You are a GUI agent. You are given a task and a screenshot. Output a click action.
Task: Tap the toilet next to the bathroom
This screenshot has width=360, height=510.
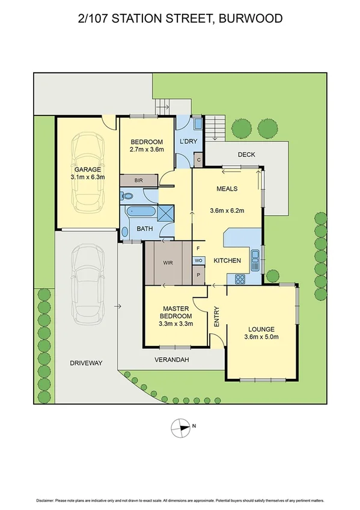(127, 195)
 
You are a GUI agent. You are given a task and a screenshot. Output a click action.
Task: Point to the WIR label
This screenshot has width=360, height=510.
(168, 263)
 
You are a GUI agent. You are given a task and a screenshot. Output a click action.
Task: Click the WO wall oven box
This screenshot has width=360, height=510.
(198, 260)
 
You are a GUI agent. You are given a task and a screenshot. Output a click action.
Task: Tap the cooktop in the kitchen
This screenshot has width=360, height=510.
(239, 278)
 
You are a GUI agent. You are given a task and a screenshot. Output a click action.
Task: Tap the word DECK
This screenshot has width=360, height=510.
(246, 155)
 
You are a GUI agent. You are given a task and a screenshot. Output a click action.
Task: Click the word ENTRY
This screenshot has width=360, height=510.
(217, 317)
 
